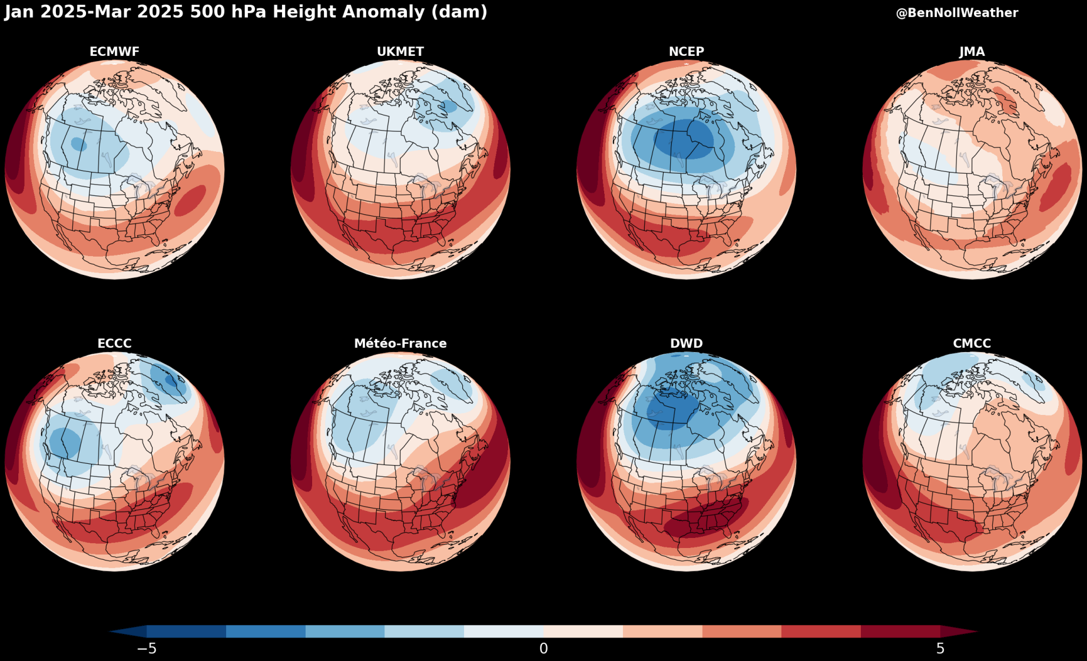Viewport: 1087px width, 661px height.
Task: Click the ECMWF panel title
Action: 114,52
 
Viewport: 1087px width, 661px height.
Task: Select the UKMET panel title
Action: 400,52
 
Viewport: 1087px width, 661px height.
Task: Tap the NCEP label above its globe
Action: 686,52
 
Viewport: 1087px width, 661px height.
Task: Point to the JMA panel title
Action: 972,52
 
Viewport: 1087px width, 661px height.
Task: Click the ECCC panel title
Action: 114,344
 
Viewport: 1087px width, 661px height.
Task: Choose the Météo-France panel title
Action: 400,344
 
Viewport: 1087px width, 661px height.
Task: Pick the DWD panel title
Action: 686,344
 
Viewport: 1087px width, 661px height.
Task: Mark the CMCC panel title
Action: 972,344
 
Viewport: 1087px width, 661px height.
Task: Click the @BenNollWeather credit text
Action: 957,13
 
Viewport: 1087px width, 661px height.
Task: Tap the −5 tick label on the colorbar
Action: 147,649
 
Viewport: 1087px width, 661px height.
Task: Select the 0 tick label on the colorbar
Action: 543,649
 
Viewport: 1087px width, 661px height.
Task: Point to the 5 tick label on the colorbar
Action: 940,649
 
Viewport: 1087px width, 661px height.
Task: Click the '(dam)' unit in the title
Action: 459,12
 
